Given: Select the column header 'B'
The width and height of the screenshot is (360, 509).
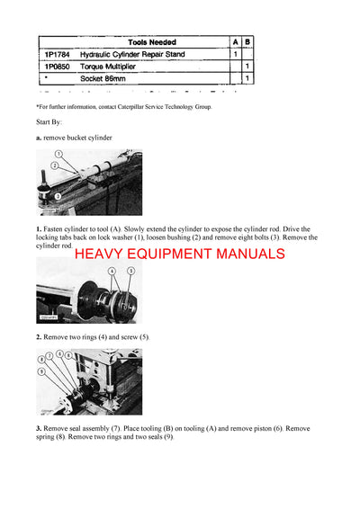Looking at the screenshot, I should pyautogui.click(x=247, y=41).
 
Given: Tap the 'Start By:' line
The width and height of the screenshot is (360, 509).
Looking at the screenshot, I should pyautogui.click(x=49, y=121).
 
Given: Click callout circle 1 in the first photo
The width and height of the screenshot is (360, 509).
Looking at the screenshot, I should pyautogui.click(x=57, y=156).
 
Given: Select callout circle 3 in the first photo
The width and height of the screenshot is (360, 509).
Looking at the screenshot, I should pyautogui.click(x=57, y=194).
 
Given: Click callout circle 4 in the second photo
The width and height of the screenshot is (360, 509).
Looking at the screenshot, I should pyautogui.click(x=112, y=270).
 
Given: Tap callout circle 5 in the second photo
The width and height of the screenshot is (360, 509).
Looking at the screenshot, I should pyautogui.click(x=130, y=270).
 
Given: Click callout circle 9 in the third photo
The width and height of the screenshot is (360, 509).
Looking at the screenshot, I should pyautogui.click(x=41, y=371).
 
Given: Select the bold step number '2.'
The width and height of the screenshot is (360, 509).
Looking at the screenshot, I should pyautogui.click(x=39, y=336).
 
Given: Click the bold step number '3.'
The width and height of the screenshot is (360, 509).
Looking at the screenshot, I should pyautogui.click(x=39, y=429).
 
